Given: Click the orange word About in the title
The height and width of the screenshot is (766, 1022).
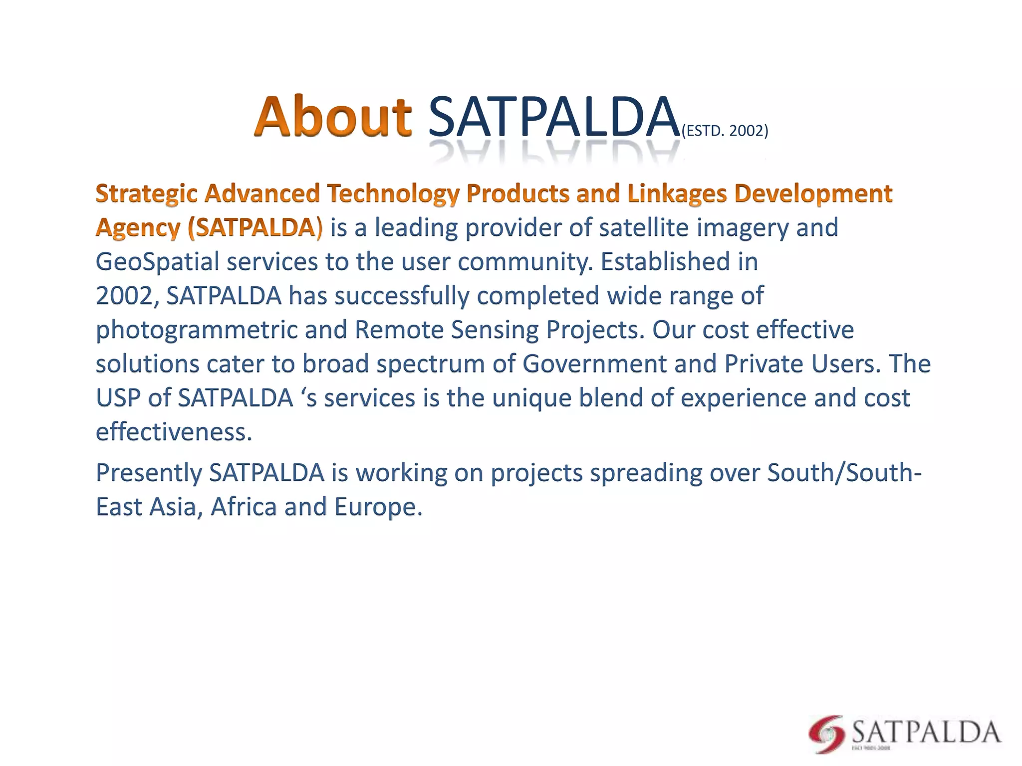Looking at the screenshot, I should tap(333, 117).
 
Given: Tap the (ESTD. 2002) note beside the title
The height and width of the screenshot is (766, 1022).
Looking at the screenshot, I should tap(725, 131).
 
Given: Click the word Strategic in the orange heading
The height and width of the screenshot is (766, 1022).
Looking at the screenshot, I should tap(146, 193).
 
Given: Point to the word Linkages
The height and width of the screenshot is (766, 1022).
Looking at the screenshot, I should tap(677, 193).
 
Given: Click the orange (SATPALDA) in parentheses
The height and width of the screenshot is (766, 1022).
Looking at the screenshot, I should tap(255, 227).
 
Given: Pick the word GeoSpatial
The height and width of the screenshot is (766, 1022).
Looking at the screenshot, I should tap(157, 262).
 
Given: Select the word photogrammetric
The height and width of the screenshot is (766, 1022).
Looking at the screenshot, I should tap(196, 330).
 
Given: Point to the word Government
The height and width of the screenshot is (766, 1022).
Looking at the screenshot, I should tap(594, 364).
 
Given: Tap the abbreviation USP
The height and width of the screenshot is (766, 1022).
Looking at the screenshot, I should tap(118, 398).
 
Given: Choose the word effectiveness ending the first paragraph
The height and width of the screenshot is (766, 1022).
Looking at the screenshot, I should tap(173, 432).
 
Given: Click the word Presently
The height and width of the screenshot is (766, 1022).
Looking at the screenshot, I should tap(148, 473).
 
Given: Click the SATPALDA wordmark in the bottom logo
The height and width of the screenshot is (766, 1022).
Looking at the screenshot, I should tap(926, 732).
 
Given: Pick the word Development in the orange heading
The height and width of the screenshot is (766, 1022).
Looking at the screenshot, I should tap(813, 193).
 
